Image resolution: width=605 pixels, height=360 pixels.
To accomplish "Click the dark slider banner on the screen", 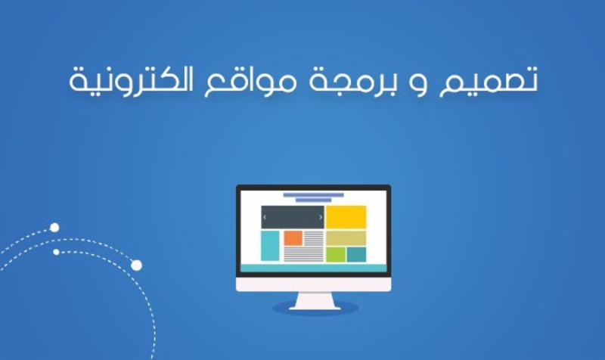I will coord(293,217).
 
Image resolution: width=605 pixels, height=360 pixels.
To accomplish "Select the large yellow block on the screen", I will coord(346,217).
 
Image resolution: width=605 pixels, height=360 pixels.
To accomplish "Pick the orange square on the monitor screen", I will coord(293,238).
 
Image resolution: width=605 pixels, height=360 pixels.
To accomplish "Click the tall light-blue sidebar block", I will coord(270,246).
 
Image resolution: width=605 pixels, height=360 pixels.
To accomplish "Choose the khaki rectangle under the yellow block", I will coord(346,237).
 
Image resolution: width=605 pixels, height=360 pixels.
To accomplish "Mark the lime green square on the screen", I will coord(336,254).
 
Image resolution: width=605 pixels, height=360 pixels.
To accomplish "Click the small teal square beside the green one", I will coord(357,254).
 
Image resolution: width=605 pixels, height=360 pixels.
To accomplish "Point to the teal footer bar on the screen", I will coord(313,268).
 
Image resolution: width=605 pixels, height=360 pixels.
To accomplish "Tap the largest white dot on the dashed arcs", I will coord(136,265).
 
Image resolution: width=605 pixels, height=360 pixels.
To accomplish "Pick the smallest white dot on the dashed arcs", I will coord(56,251).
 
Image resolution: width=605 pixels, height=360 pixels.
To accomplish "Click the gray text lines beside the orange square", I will coord(314,247).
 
